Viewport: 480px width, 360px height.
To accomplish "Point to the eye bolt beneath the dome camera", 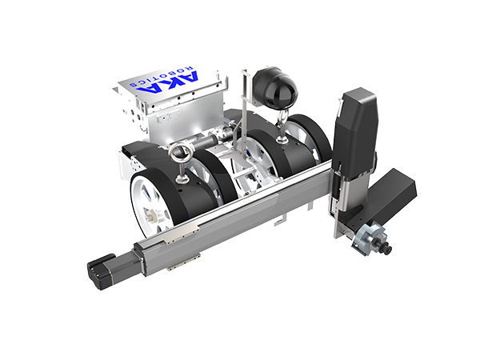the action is coord(282,126).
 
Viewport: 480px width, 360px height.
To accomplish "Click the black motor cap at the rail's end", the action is coord(101,271).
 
